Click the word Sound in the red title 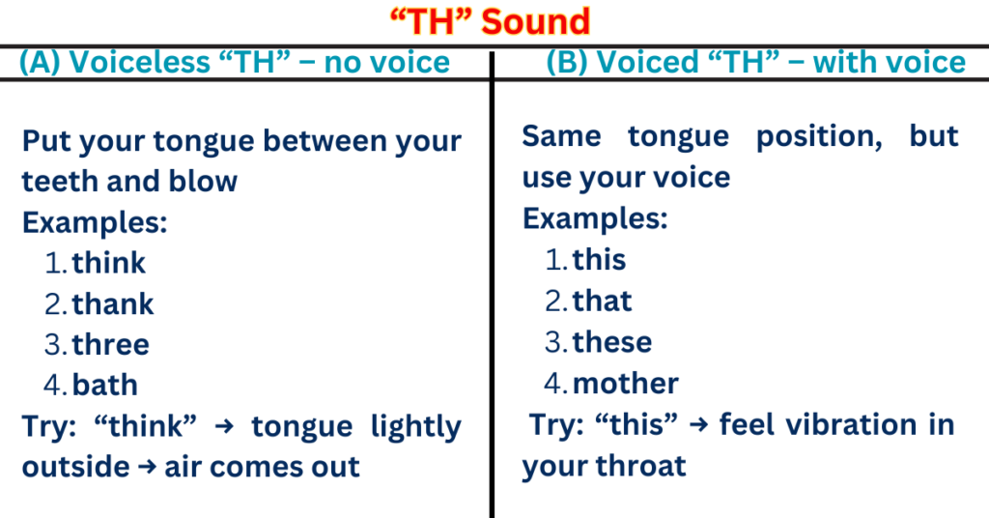point(536,20)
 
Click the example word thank point(113,303)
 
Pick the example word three point(111,344)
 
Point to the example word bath point(105,385)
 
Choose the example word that point(603,301)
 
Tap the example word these point(612,342)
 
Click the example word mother point(626,383)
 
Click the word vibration point(824,424)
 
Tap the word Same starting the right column point(561,135)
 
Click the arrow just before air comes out point(148,468)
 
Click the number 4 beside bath point(52,385)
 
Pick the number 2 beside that point(553,301)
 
